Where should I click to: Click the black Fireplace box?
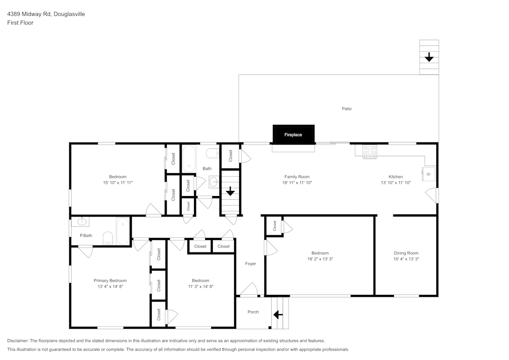(x=293, y=134)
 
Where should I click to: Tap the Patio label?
(x=347, y=108)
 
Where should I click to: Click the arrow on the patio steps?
(x=429, y=57)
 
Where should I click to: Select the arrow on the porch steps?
(x=278, y=315)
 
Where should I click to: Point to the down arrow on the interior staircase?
(x=230, y=191)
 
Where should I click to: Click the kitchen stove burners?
(x=370, y=151)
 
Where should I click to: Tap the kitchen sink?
(x=429, y=174)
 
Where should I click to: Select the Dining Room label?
(x=406, y=253)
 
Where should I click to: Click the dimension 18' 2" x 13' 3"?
(x=320, y=259)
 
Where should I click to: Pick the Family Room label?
(x=297, y=177)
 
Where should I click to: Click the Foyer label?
(x=250, y=264)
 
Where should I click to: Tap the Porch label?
(x=253, y=312)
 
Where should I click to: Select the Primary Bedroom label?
(x=110, y=281)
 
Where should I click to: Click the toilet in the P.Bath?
(x=108, y=238)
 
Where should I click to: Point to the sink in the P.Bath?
(x=81, y=221)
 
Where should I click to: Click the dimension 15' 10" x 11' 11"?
(x=118, y=182)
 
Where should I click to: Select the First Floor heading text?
(x=20, y=23)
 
